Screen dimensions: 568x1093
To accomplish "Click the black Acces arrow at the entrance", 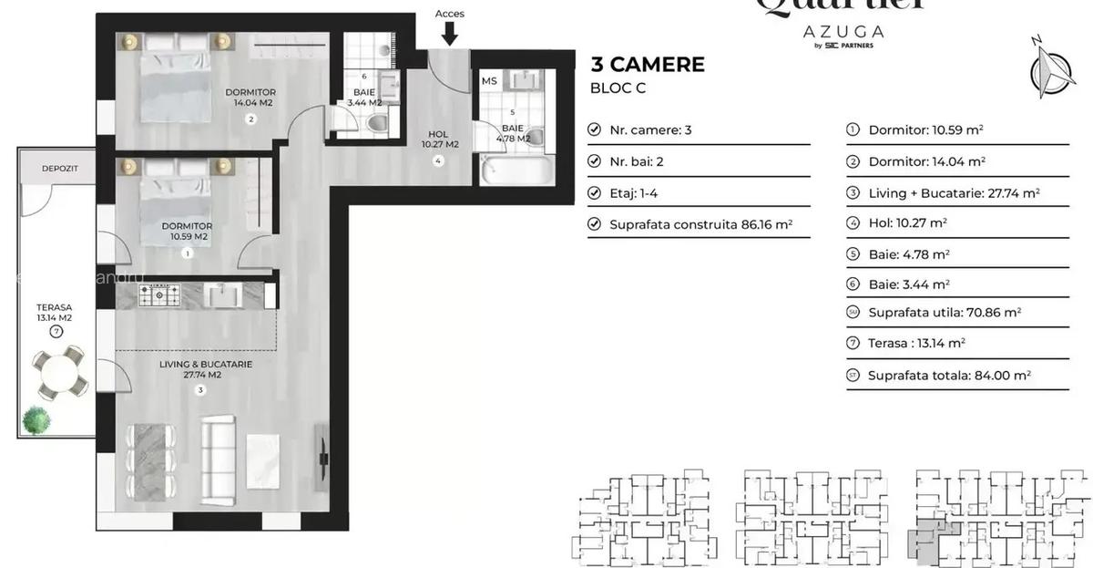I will pos(449,34).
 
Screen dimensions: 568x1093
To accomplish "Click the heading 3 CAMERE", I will pos(648,64).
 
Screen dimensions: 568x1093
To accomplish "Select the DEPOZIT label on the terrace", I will pos(56,169).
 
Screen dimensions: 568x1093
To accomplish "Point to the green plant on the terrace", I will pos(37,419).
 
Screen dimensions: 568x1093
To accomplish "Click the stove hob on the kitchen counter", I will pos(160,294).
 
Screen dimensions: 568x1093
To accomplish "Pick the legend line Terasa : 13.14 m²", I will pos(916,343).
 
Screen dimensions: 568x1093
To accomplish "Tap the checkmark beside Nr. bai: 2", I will pos(595,161).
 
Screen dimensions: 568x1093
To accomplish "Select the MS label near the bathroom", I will pos(489,81).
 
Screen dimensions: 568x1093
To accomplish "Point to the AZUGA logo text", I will pos(843,31).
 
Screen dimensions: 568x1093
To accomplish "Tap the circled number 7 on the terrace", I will pos(56,332).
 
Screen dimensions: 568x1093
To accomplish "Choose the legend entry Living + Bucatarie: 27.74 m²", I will pos(954,192).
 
